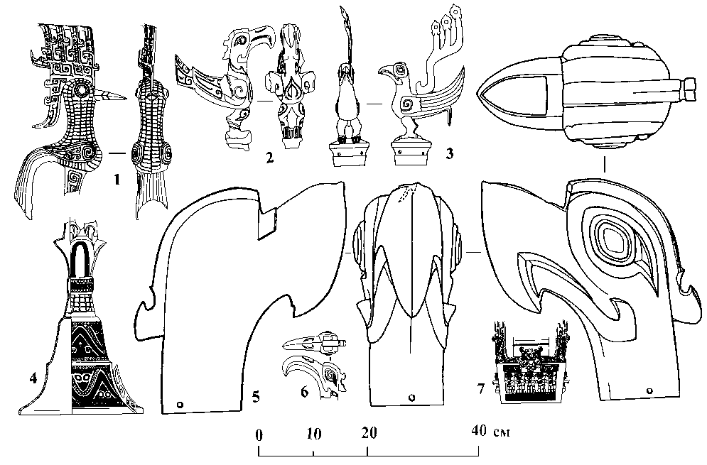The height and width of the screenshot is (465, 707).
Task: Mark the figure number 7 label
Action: pos(481,389)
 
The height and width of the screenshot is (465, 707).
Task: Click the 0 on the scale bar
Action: pos(259,432)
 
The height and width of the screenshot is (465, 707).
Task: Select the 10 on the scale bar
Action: pos(314,432)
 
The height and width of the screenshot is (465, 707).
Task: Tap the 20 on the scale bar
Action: pos(368,432)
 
